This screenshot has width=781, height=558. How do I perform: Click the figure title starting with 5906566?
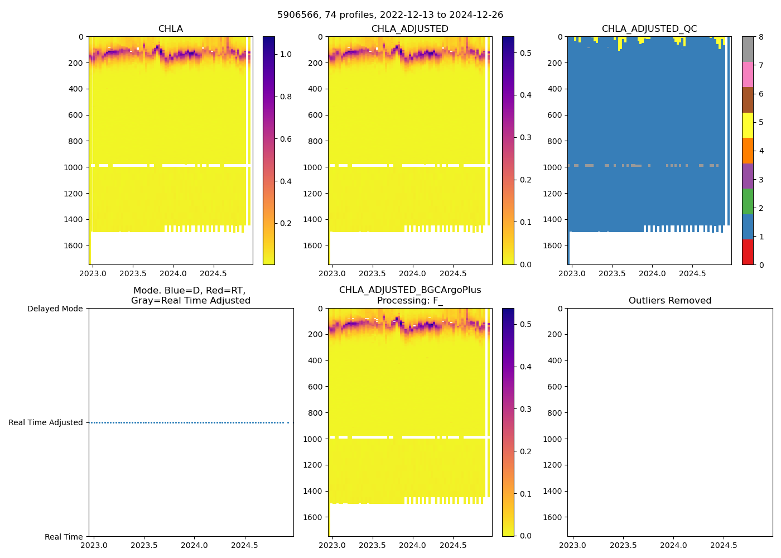coord(390,15)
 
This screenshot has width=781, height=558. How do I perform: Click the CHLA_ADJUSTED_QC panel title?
coord(649,29)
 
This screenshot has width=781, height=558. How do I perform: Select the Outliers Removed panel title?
coord(669,301)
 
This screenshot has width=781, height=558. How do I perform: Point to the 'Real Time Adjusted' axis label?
coord(46,423)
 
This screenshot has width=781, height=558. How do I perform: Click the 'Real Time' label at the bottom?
coord(64,537)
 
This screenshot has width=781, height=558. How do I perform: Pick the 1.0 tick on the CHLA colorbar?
coord(286,54)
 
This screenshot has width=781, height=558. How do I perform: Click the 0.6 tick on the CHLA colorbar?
coord(286,139)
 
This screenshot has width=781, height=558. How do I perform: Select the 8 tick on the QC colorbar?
coord(761,37)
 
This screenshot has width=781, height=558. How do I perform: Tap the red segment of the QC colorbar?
coord(748,252)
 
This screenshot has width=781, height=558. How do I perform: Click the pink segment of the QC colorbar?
coord(748,75)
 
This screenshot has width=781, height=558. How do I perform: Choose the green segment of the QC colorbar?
coord(748,201)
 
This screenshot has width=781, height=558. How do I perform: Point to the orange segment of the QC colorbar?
coord(748,151)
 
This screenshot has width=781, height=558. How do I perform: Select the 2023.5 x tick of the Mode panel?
coord(144,545)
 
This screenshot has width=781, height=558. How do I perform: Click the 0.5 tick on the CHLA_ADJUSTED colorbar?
coord(526,53)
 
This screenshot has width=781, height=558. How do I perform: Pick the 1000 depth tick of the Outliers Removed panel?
coord(552,439)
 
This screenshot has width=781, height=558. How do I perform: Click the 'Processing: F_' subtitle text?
coord(409,301)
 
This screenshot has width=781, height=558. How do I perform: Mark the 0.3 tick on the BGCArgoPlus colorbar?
coord(526,409)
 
